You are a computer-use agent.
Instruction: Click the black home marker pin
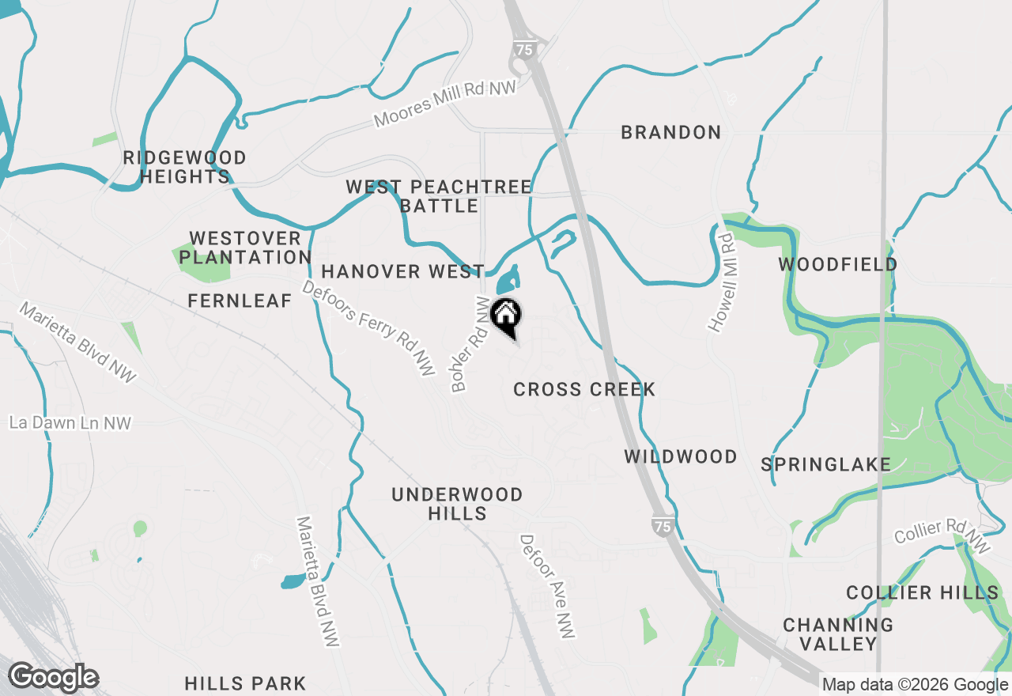(x=506, y=317)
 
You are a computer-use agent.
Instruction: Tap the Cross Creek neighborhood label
(x=584, y=389)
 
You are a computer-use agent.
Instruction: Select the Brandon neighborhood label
(x=670, y=132)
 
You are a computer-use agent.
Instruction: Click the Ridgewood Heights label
(x=185, y=167)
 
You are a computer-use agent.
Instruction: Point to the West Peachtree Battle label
(x=439, y=196)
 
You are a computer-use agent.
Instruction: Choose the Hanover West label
(x=402, y=271)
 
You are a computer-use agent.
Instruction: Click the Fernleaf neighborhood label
(x=240, y=301)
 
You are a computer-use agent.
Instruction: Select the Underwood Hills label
(x=457, y=504)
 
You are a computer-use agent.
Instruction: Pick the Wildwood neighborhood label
(x=681, y=456)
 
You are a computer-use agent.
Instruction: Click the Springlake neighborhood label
(x=825, y=464)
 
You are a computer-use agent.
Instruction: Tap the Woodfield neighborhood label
(x=838, y=264)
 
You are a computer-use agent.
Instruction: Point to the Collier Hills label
(x=922, y=592)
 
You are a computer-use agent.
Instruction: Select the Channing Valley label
(x=838, y=634)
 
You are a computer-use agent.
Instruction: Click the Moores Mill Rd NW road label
(x=445, y=104)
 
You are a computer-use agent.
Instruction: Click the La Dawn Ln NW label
(x=70, y=423)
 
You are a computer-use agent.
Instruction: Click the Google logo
(x=53, y=677)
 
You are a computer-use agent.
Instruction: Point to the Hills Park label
(x=244, y=683)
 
